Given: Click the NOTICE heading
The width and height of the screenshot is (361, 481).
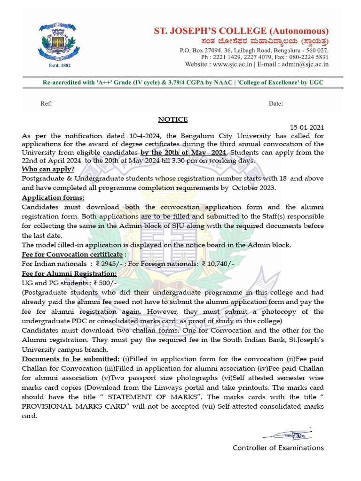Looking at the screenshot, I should pyautogui.click(x=173, y=119).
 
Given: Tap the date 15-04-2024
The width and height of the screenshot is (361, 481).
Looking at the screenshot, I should pyautogui.click(x=306, y=127).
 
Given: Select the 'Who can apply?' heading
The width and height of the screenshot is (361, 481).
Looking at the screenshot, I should pyautogui.click(x=48, y=169).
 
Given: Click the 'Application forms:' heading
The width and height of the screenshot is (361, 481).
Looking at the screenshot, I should pyautogui.click(x=53, y=198).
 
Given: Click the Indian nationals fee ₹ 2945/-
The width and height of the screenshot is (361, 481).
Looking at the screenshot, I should pyautogui.click(x=108, y=264).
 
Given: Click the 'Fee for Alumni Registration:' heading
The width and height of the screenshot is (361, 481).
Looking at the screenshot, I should pyautogui.click(x=69, y=273).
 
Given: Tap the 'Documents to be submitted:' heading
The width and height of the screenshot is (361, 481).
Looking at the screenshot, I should pyautogui.click(x=71, y=359).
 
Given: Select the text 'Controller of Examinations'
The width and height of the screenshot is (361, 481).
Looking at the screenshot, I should pyautogui.click(x=278, y=448).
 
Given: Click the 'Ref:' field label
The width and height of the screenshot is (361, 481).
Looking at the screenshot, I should pyautogui.click(x=46, y=103).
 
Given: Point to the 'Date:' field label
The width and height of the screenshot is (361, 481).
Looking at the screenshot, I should pyautogui.click(x=276, y=103).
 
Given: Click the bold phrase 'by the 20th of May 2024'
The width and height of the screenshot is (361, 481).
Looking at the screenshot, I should pyautogui.click(x=183, y=153).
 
